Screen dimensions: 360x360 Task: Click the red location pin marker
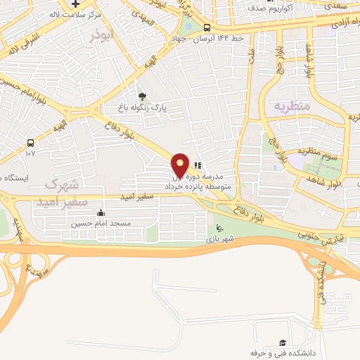click(x=181, y=165)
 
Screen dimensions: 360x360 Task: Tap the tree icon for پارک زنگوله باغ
click(x=143, y=96)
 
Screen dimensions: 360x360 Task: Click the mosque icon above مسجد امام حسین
click(x=101, y=213)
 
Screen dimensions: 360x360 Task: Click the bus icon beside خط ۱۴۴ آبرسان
click(x=206, y=29)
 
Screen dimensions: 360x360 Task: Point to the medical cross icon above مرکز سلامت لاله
click(x=75, y=4)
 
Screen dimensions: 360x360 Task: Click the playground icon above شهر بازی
click(x=219, y=227)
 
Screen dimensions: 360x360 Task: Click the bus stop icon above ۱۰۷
click(x=30, y=141)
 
